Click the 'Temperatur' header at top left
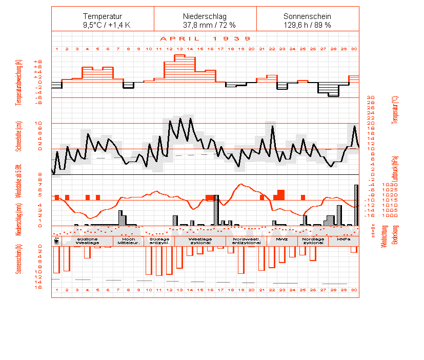click(103, 16)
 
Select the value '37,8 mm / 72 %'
click(205, 25)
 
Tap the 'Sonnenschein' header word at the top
click(307, 16)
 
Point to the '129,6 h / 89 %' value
click(307, 25)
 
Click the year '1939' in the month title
click(231, 38)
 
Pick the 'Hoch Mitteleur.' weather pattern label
click(128, 241)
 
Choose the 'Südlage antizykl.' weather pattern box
click(159, 241)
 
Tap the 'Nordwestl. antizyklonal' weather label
click(247, 241)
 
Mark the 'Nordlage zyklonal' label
click(313, 241)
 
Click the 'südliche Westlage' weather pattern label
click(88, 241)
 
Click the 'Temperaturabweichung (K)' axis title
click(18, 82)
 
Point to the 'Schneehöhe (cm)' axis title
click(18, 136)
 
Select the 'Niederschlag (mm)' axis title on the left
click(18, 218)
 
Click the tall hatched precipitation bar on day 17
click(216, 210)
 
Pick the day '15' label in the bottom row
click(200, 290)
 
